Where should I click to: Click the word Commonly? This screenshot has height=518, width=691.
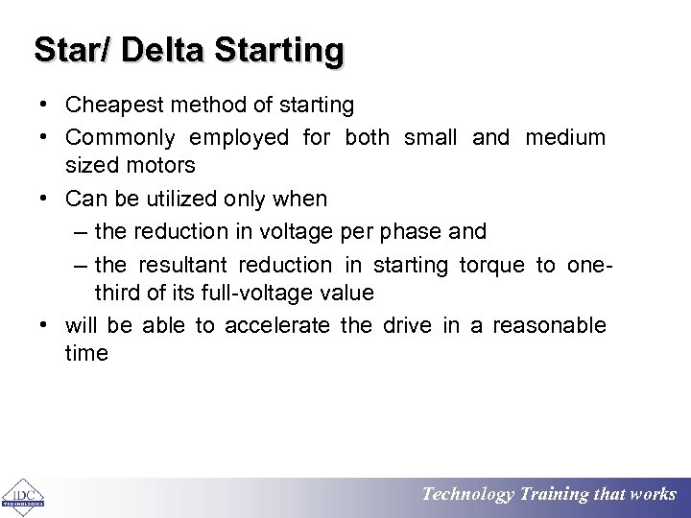pos(120,137)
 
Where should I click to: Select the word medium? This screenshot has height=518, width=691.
pos(565,137)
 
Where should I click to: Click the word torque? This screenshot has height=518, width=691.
pos(492,265)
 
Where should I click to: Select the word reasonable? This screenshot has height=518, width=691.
pos(549,325)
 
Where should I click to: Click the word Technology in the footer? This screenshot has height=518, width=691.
pos(468,495)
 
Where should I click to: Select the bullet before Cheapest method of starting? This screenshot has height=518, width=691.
pos(45,105)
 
